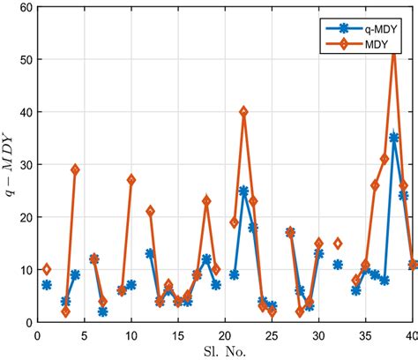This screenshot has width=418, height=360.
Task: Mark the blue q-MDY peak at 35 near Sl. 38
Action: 394,138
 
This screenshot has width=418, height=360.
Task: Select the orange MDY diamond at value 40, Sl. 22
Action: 243,112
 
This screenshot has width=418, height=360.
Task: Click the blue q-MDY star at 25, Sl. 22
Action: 243,191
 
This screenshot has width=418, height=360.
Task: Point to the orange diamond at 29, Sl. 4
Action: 75,169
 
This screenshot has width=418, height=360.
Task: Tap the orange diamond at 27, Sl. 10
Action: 131,180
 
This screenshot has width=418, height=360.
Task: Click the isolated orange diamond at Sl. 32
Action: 338,244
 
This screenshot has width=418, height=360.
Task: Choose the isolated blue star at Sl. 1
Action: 47,285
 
